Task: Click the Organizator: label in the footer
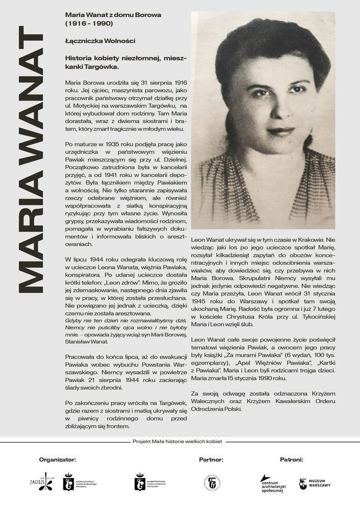coord(57,460)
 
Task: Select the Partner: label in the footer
coord(211,460)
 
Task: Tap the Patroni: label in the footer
coord(291,460)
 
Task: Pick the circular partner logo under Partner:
coord(212,483)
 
